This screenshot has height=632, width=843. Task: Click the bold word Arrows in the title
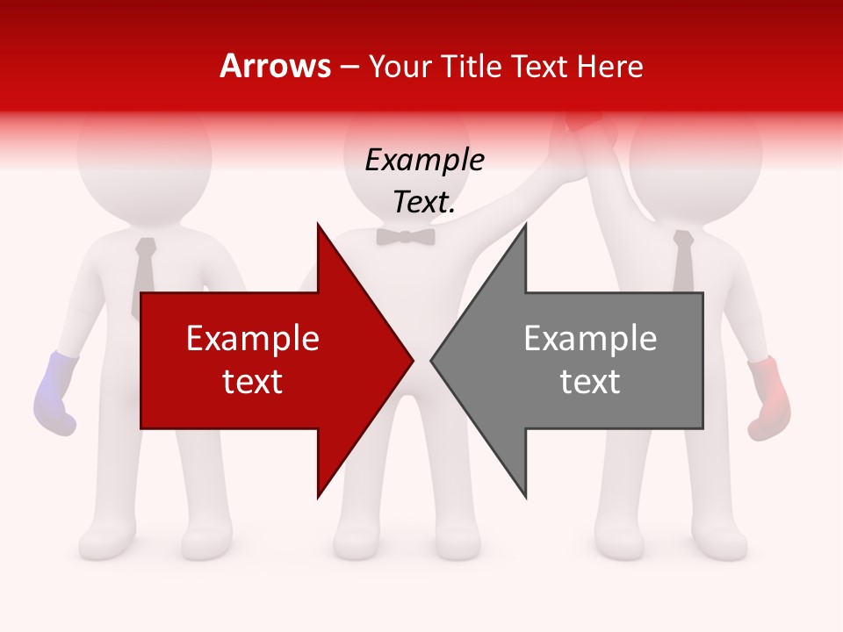[x=276, y=66]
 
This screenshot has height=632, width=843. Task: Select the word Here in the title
[x=608, y=66]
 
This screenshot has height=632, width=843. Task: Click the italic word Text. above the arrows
[x=424, y=202]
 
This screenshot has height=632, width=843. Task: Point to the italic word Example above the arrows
[x=424, y=161]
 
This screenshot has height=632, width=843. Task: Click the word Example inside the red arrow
[x=252, y=338]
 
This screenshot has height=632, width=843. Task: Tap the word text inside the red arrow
[x=252, y=381]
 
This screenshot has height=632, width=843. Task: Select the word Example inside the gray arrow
[x=590, y=338]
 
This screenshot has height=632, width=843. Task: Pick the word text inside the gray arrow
[x=590, y=381]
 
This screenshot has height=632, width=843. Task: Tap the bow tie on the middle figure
[x=406, y=237]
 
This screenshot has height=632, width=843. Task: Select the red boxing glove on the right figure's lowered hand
[x=769, y=398]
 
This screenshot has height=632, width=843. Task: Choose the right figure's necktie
[x=683, y=259]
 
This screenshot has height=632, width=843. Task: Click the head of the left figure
[x=144, y=154]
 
